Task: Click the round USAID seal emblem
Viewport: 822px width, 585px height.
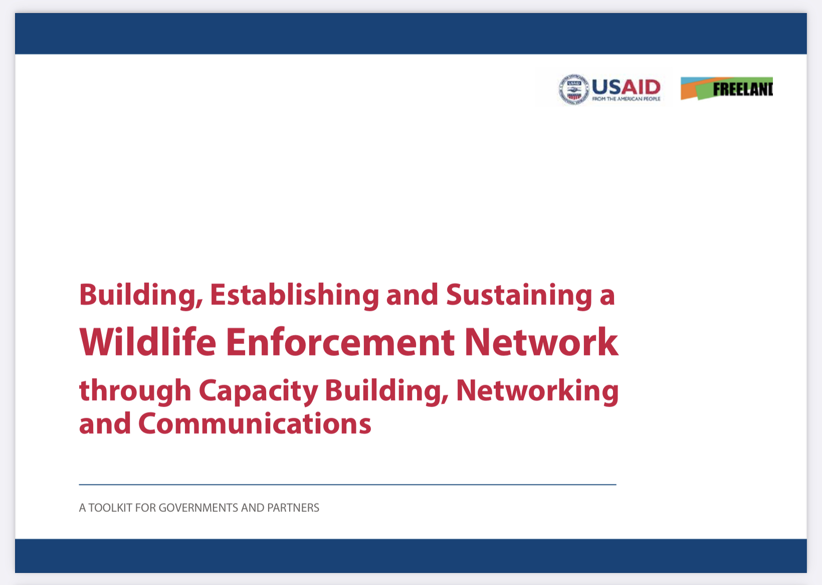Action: coord(573,89)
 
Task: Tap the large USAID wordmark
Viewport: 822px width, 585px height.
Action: coord(626,87)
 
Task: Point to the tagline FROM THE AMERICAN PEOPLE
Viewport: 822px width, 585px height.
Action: coord(626,99)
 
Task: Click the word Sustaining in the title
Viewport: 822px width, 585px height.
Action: coord(519,295)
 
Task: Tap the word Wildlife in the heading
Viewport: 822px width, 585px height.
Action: coord(148,342)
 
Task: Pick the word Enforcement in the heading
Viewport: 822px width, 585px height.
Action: coord(340,342)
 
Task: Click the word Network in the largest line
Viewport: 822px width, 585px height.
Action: coord(542,342)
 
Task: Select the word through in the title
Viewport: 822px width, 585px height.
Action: coord(135,391)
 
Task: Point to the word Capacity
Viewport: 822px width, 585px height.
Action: coord(258,391)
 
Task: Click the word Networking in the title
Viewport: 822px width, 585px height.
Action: coord(538,391)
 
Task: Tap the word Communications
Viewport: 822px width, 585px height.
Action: coord(255,424)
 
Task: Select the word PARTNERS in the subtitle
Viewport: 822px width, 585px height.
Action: coord(293,508)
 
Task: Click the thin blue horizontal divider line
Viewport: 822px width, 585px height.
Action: coord(347,485)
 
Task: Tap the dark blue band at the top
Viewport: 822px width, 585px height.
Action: coord(411,34)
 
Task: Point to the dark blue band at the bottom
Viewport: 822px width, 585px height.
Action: coord(411,555)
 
